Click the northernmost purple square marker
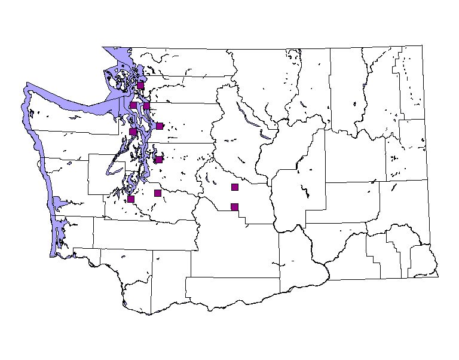click(140, 86)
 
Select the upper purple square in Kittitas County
click(235, 187)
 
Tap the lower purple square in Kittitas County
click(235, 207)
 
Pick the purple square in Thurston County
click(131, 199)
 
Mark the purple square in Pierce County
click(158, 193)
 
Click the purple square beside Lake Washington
click(158, 160)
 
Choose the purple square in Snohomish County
click(160, 126)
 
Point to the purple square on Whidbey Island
click(133, 105)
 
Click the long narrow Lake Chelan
click(248, 117)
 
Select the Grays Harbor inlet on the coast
click(57, 204)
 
